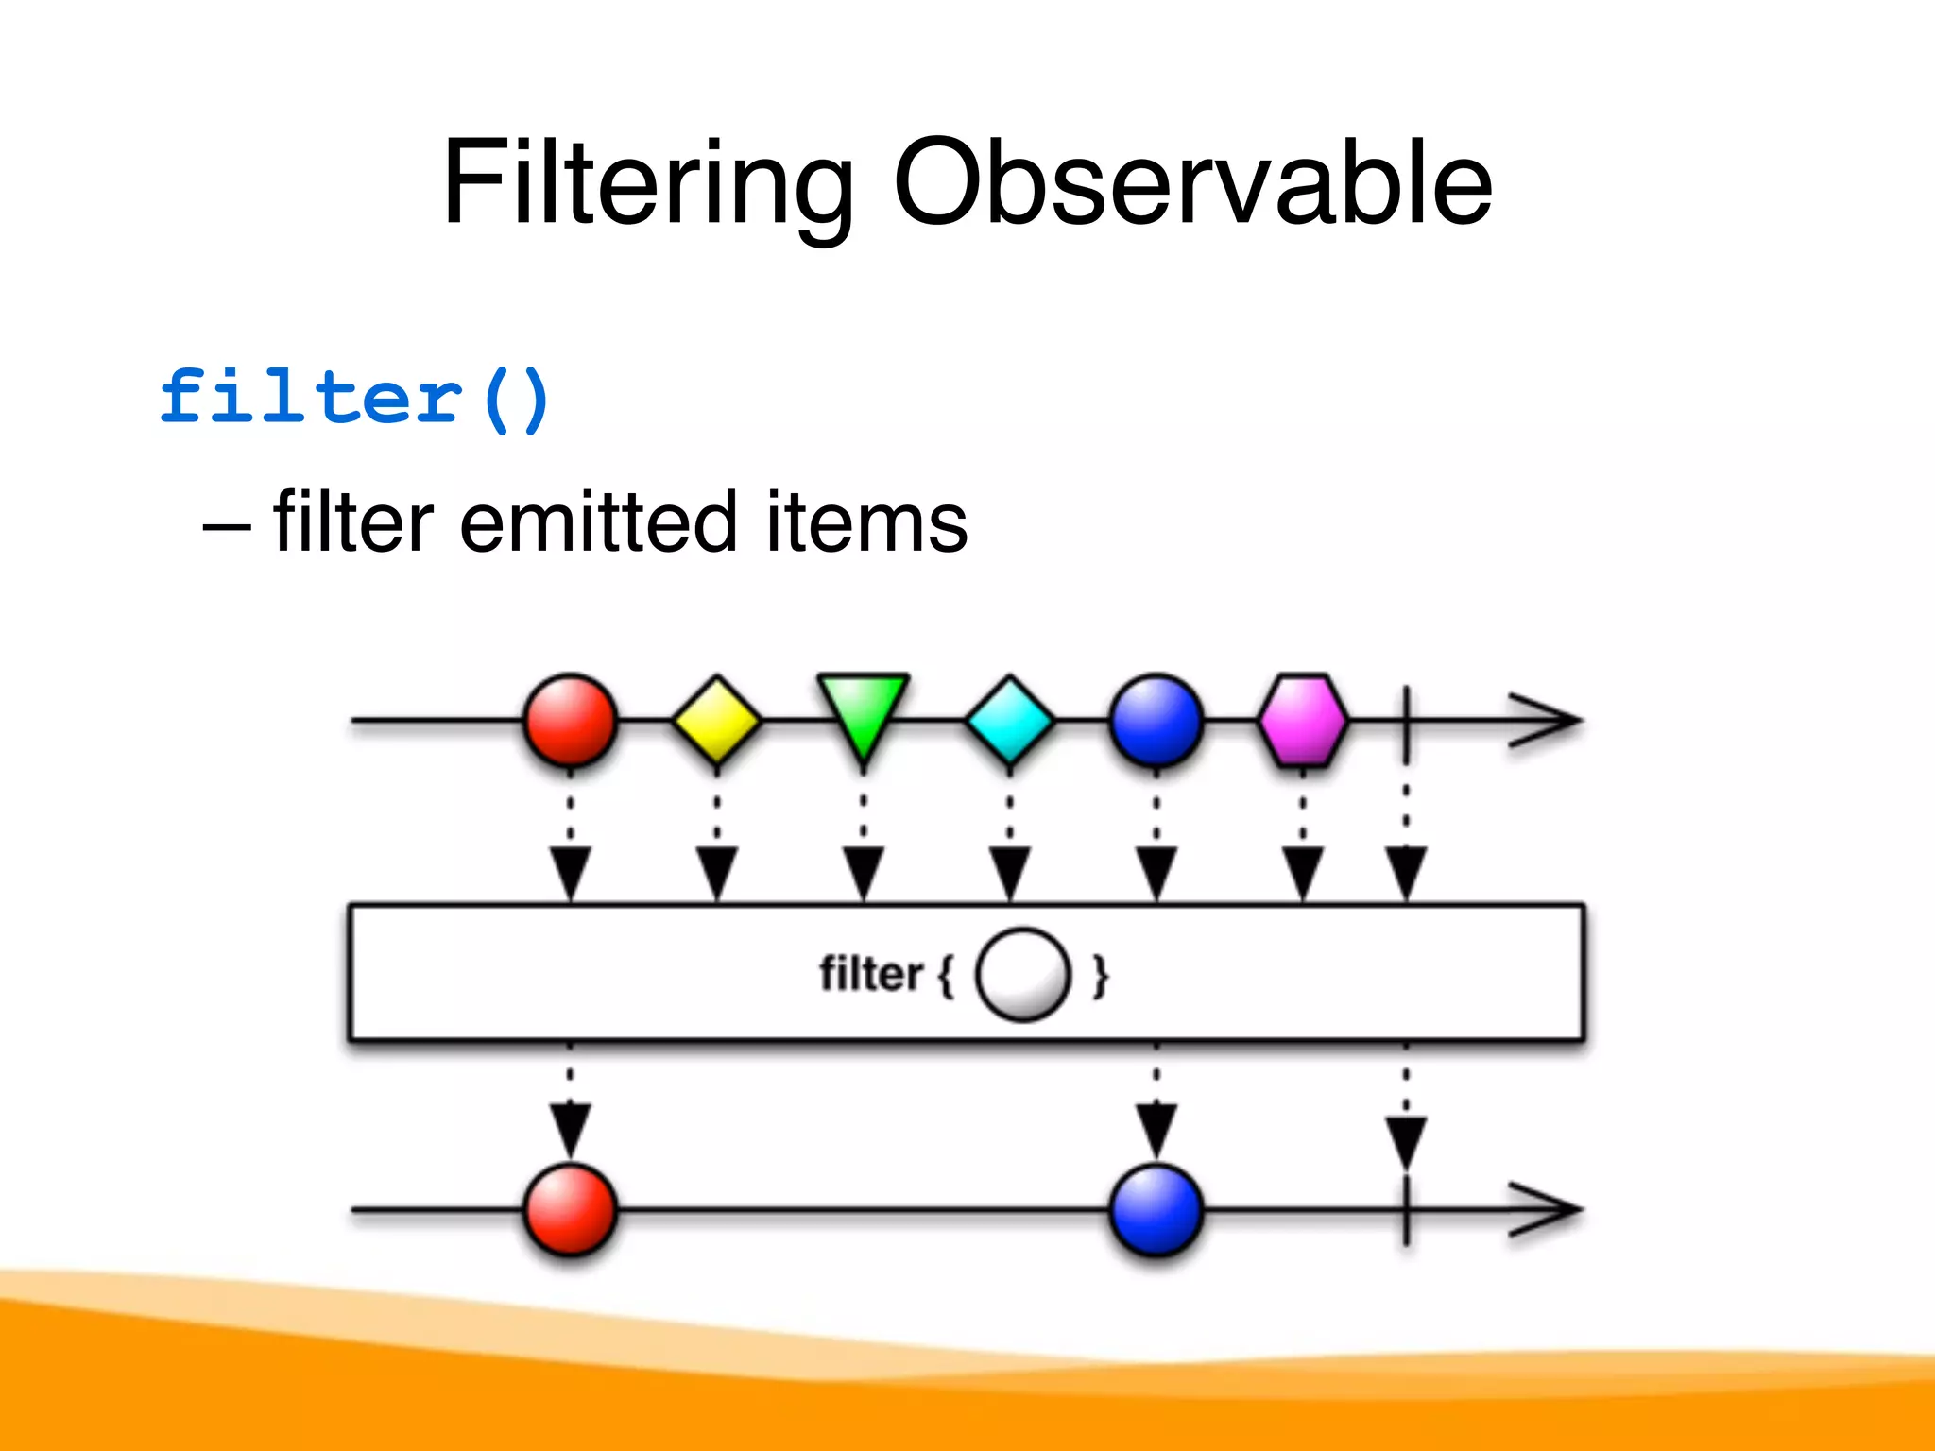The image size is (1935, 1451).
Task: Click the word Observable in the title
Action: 1192,184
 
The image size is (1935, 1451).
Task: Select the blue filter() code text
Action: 354,399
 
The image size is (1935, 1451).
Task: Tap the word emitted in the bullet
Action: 598,522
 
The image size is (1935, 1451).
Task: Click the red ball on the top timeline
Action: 571,721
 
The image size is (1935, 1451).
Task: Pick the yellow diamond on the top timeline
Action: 717,721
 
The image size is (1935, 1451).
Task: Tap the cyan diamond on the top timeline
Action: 1010,721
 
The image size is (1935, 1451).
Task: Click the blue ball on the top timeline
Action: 1156,721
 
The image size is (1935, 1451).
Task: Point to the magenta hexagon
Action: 1303,721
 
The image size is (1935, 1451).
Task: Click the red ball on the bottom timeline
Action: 571,1210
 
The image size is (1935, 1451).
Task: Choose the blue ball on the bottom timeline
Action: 1156,1210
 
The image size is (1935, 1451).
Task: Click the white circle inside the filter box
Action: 1023,975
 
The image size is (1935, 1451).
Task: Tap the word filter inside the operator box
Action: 870,975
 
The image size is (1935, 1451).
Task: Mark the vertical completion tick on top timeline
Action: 1407,723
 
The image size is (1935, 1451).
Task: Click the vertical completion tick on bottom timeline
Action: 1407,1210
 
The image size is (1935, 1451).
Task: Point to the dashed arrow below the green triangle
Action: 864,841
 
